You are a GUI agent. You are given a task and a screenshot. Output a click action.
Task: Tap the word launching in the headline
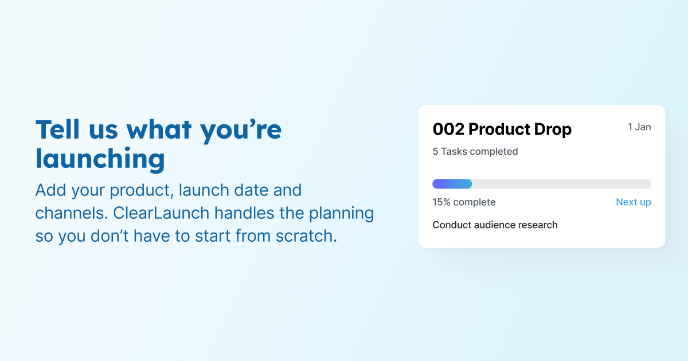(x=100, y=159)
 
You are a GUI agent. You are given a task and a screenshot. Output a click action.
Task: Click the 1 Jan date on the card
(x=639, y=127)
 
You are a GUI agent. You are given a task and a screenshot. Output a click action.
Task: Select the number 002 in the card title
(x=448, y=130)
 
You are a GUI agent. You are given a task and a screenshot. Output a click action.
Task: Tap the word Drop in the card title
(x=552, y=130)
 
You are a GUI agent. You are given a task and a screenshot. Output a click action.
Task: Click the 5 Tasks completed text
(x=475, y=151)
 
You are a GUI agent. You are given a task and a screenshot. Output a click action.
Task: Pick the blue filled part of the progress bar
(x=452, y=184)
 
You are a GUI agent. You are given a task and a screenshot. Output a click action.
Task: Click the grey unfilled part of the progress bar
(x=562, y=184)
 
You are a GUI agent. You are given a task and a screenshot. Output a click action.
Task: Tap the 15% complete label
(x=464, y=202)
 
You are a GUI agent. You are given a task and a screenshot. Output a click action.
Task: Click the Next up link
(x=633, y=202)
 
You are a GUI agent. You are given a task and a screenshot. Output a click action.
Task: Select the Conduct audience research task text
(x=495, y=225)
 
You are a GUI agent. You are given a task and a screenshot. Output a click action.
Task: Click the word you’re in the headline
(x=241, y=130)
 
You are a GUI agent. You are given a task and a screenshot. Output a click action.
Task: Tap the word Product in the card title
(x=501, y=130)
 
